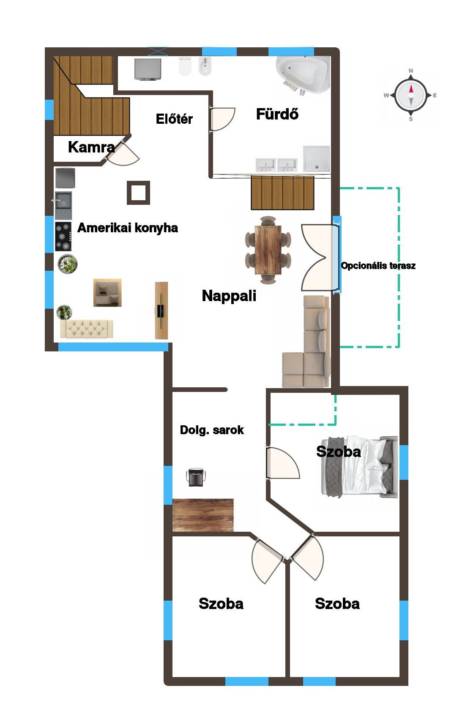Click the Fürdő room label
pyautogui.click(x=277, y=114)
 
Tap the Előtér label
pyautogui.click(x=174, y=119)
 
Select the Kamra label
pyautogui.click(x=91, y=147)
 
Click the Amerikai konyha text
pyautogui.click(x=128, y=228)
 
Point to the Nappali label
pyautogui.click(x=229, y=296)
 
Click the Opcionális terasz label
pyautogui.click(x=378, y=266)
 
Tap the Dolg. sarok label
pyautogui.click(x=212, y=430)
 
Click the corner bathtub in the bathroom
pyautogui.click(x=303, y=75)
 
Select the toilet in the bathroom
pyautogui.click(x=185, y=66)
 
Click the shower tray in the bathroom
pyautogui.click(x=317, y=159)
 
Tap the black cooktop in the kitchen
pyautogui.click(x=63, y=237)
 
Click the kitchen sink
pyautogui.click(x=63, y=205)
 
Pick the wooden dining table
pyautogui.click(x=268, y=250)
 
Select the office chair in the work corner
pyautogui.click(x=196, y=477)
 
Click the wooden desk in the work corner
pyautogui.click(x=203, y=515)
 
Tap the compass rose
pyautogui.click(x=411, y=95)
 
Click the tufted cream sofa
pyautogui.click(x=87, y=329)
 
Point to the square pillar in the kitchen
pyautogui.click(x=139, y=193)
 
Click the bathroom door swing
pyautogui.click(x=222, y=119)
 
